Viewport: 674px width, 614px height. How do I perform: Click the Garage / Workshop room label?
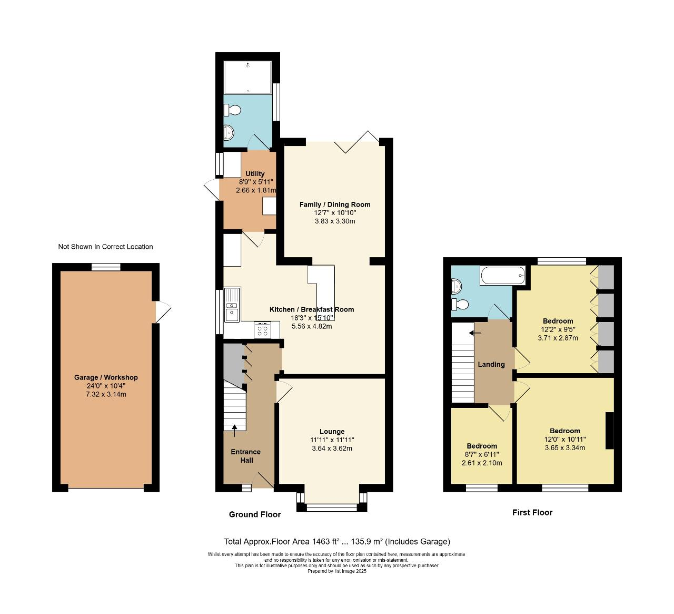pos(106,377)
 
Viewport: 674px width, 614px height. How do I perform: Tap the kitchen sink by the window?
pos(232,305)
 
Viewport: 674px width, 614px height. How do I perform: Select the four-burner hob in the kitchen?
pos(262,330)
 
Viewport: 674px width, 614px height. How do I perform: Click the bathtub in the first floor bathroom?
pos(502,275)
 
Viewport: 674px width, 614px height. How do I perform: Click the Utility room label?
pos(255,174)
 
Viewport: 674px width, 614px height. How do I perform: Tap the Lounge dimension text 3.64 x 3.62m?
pos(332,449)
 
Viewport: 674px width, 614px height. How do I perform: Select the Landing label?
pos(491,364)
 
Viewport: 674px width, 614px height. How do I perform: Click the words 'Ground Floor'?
pos(255,514)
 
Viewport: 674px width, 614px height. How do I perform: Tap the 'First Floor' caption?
pos(532,512)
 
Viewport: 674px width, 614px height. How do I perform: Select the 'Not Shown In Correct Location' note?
pos(105,247)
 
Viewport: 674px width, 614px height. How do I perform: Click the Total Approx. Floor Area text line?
pos(337,541)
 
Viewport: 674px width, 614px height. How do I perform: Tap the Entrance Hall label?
pos(246,456)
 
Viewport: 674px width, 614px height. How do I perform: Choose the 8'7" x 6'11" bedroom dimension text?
pos(482,454)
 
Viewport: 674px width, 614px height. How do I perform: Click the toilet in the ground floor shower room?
pos(232,110)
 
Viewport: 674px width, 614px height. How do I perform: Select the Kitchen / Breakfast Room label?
pos(312,309)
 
